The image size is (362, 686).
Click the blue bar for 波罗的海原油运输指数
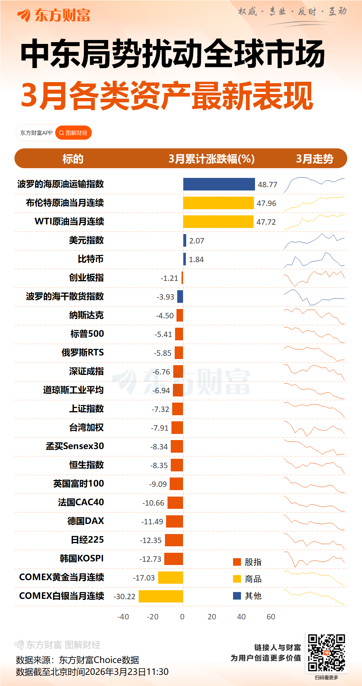pyautogui.click(x=219, y=184)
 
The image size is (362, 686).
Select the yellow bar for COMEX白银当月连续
pyautogui.click(x=161, y=596)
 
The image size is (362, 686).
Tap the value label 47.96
pyautogui.click(x=266, y=203)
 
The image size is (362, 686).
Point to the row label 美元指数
pyautogui.click(x=86, y=240)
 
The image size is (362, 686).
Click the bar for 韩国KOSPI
pyautogui.click(x=173, y=559)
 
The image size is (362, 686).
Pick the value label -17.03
pyautogui.click(x=144, y=578)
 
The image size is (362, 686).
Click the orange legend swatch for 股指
pyautogui.click(x=237, y=562)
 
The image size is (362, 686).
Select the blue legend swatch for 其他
pyautogui.click(x=237, y=596)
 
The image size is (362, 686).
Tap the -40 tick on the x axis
pyautogui.click(x=123, y=616)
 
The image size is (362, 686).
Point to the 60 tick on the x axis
pyautogui.click(x=271, y=616)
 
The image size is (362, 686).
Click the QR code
pyautogui.click(x=326, y=653)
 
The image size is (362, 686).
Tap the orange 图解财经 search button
pyautogui.click(x=73, y=133)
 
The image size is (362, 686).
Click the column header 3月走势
pyautogui.click(x=314, y=158)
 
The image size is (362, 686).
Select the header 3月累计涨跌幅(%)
pyautogui.click(x=211, y=158)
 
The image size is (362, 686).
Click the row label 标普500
pyautogui.click(x=87, y=334)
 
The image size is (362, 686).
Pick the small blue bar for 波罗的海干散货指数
pyautogui.click(x=180, y=296)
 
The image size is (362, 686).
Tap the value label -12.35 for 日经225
pyautogui.click(x=151, y=540)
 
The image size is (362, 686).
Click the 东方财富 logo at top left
pyautogui.click(x=54, y=15)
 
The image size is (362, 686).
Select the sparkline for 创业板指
pyautogui.click(x=314, y=278)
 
